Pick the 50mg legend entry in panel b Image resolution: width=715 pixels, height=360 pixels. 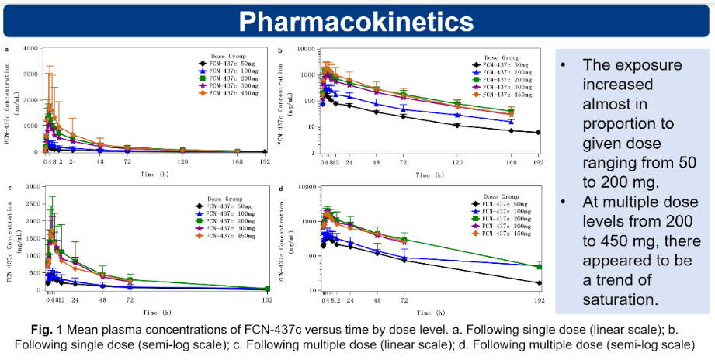point(501,65)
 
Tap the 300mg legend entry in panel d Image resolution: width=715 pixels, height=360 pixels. point(501,227)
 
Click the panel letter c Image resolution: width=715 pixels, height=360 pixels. point(7,188)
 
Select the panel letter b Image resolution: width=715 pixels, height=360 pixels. point(280,50)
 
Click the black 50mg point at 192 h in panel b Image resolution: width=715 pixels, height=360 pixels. point(538,133)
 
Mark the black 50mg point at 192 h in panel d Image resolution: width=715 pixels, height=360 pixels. point(538,283)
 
